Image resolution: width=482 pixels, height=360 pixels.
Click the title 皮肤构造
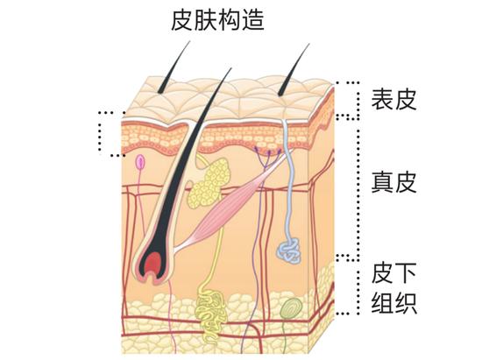click(217, 20)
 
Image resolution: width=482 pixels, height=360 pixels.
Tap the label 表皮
click(393, 100)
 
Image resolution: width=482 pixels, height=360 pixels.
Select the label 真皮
click(393, 182)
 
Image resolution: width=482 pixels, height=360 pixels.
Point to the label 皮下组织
click(393, 288)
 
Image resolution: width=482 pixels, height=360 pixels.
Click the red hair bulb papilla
click(152, 264)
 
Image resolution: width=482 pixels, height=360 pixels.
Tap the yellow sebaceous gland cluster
click(209, 183)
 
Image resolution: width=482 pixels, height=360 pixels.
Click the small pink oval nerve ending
click(140, 162)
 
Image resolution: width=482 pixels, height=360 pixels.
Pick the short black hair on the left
click(174, 67)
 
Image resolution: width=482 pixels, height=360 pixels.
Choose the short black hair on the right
click(294, 69)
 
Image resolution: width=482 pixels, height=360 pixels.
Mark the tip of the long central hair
click(230, 68)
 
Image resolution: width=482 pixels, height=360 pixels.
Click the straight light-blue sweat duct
click(288, 181)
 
